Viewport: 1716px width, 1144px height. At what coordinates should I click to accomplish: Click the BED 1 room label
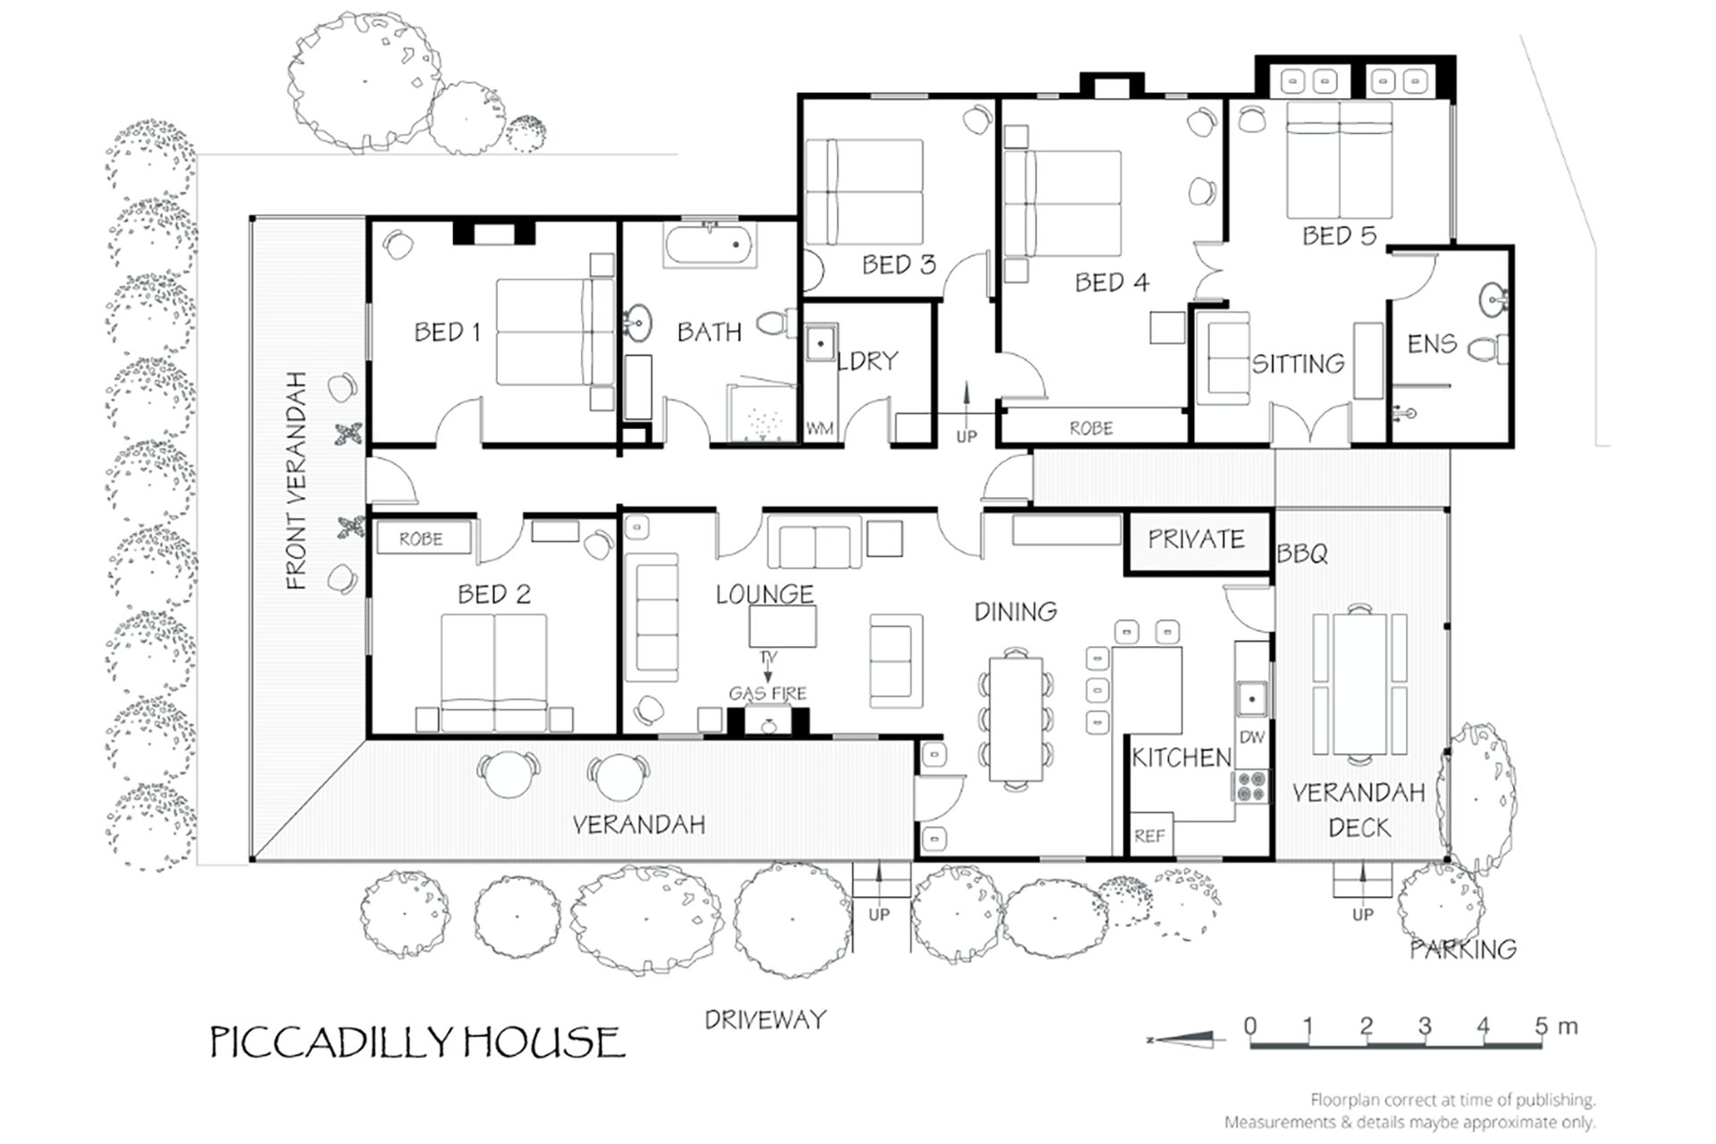pyautogui.click(x=447, y=332)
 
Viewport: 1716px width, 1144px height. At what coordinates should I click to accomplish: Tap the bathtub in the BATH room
pyautogui.click(x=711, y=244)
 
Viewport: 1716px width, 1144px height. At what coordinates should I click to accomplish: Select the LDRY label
pyautogui.click(x=868, y=361)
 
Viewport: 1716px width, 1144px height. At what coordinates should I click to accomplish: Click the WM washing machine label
pyautogui.click(x=820, y=429)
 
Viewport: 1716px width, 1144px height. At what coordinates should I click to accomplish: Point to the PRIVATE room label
pyautogui.click(x=1196, y=539)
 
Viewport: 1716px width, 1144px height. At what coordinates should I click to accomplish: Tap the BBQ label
pyautogui.click(x=1302, y=554)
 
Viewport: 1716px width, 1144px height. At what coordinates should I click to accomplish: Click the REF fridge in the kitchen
pyautogui.click(x=1149, y=836)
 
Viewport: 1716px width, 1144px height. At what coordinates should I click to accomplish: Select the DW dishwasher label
pyautogui.click(x=1252, y=737)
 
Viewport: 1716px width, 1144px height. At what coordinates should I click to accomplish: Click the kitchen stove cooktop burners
pyautogui.click(x=1252, y=786)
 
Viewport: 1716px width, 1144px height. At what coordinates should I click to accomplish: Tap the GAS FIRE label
pyautogui.click(x=768, y=694)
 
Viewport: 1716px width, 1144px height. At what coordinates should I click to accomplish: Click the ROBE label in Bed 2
pyautogui.click(x=421, y=539)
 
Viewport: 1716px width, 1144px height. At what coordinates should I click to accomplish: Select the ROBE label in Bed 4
pyautogui.click(x=1091, y=429)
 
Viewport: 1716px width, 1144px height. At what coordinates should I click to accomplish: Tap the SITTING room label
pyautogui.click(x=1298, y=364)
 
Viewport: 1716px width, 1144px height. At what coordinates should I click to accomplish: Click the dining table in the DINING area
pyautogui.click(x=1016, y=719)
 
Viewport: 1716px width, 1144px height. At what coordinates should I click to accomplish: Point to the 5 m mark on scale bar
pyautogui.click(x=1543, y=1027)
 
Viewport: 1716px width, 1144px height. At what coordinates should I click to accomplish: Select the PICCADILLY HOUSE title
pyautogui.click(x=417, y=1042)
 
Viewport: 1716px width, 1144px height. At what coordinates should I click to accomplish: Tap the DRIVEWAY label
pyautogui.click(x=765, y=1020)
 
